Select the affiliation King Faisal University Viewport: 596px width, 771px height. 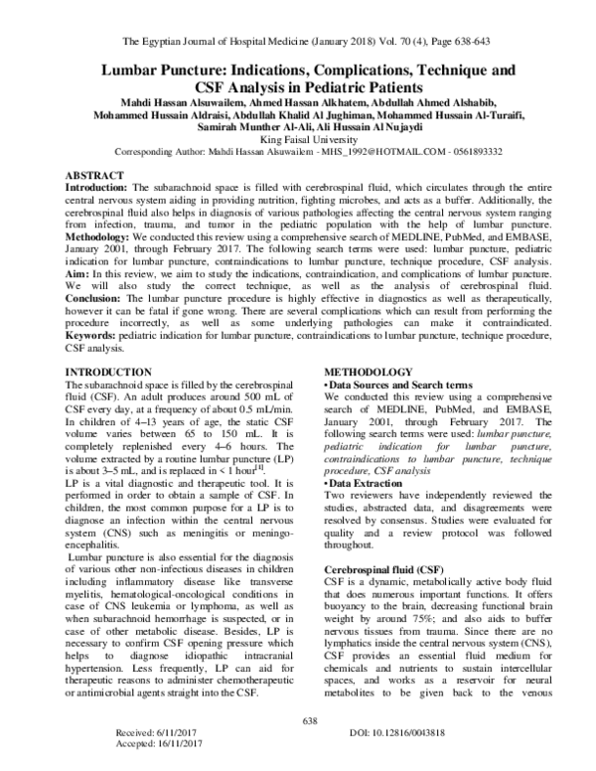[x=298, y=142]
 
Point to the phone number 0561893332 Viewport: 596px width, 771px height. [x=496, y=154]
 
